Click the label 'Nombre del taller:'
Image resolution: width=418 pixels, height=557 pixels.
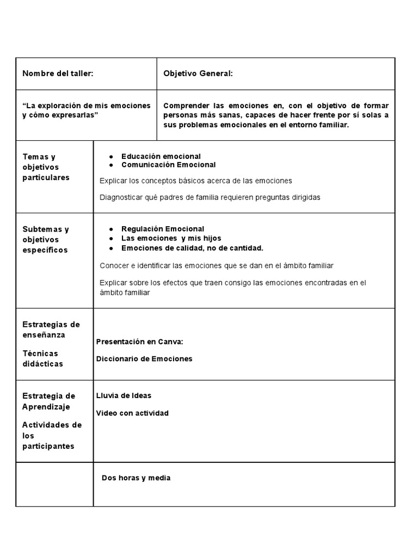(58, 73)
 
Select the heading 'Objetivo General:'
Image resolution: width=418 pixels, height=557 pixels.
(198, 73)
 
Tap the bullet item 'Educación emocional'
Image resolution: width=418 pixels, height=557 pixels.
(161, 156)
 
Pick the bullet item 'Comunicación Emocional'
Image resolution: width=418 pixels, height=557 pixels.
(168, 164)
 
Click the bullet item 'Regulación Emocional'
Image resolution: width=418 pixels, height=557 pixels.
(163, 228)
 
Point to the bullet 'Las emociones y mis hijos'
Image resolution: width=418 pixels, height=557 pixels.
(171, 238)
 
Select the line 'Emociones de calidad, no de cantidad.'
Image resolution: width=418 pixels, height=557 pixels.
(192, 248)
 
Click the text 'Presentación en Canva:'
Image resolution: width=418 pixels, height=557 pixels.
(139, 342)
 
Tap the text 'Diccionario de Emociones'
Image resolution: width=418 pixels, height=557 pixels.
(144, 358)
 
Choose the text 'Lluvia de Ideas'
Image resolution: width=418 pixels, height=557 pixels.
(124, 395)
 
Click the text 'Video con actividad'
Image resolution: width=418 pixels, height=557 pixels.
(132, 413)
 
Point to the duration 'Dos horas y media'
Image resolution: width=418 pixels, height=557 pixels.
(136, 478)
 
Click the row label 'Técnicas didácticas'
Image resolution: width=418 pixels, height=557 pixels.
(43, 358)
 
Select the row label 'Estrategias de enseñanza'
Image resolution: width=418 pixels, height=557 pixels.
(51, 330)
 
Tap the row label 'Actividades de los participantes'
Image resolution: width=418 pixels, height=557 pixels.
(52, 435)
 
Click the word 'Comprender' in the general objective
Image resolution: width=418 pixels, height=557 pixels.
(185, 106)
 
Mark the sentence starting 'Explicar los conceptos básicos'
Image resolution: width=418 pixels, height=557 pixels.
(196, 181)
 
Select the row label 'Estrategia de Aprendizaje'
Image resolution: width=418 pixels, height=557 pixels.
(49, 401)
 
